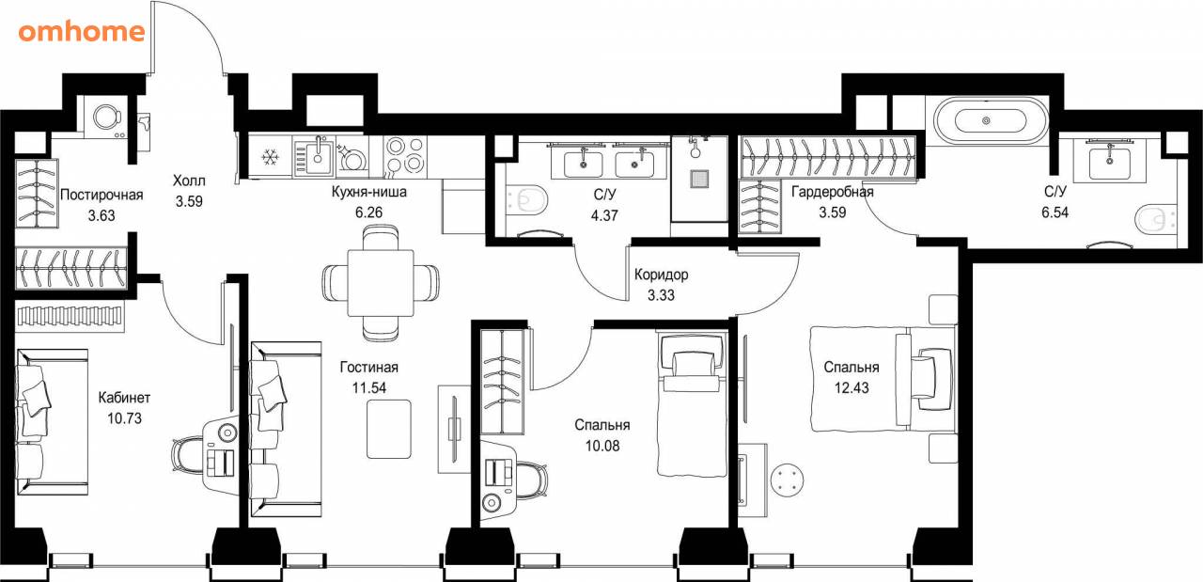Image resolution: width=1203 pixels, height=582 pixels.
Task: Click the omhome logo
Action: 82,32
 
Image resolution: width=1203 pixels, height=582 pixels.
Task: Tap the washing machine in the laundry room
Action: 107,118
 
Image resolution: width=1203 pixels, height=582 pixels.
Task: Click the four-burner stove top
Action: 405,155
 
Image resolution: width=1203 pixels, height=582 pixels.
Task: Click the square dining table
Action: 381,283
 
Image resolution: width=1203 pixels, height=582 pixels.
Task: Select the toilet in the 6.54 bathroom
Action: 1154,219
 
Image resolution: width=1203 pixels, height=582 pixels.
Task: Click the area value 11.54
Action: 369,387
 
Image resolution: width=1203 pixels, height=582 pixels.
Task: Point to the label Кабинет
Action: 124,398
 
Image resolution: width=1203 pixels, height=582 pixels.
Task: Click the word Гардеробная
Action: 833,192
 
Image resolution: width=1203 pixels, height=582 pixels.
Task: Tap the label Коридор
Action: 661,275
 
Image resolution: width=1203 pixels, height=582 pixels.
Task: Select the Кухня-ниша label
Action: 369,192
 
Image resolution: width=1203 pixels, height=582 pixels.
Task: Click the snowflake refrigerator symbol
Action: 270,157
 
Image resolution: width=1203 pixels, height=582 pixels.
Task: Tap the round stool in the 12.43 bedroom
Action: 788,480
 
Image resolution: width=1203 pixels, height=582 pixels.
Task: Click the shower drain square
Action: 698,180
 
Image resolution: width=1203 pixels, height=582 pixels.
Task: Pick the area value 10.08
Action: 602,446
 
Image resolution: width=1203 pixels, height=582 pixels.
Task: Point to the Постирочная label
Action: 102,195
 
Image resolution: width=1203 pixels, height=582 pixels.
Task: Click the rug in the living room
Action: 389,430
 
